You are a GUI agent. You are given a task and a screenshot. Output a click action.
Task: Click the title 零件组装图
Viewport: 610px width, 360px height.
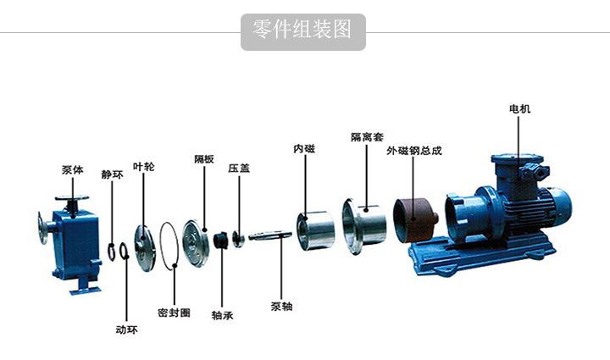[302, 30]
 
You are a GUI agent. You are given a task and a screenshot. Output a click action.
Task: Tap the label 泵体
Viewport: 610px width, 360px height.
[73, 170]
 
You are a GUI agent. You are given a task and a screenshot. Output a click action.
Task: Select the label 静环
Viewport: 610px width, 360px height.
[112, 174]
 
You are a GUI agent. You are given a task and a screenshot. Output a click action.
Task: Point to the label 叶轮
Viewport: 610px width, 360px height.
[143, 167]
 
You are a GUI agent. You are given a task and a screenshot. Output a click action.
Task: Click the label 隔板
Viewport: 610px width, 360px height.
[204, 159]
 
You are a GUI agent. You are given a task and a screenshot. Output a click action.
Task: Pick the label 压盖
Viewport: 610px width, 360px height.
[239, 169]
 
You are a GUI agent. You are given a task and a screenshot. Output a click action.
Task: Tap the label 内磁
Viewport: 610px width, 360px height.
[304, 148]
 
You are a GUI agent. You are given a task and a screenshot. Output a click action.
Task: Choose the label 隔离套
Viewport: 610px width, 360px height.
[367, 137]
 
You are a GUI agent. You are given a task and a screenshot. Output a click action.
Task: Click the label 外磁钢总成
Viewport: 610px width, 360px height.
[414, 151]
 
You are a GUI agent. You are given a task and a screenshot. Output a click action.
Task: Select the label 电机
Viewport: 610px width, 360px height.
[519, 109]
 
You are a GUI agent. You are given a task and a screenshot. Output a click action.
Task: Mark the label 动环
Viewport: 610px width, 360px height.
[126, 330]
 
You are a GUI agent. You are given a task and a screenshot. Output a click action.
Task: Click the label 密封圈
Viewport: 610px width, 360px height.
[174, 313]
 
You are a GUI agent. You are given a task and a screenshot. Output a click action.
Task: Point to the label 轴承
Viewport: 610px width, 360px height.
[222, 315]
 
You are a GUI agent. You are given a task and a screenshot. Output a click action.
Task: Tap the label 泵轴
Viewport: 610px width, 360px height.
[281, 307]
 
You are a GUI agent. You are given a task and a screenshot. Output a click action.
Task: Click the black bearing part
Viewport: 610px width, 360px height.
[220, 241]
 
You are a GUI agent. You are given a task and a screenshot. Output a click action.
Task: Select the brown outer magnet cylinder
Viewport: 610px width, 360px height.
[414, 219]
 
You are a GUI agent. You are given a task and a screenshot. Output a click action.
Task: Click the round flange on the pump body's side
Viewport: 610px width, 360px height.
[42, 228]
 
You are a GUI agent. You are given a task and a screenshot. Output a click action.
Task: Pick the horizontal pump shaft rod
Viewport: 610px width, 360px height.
[270, 235]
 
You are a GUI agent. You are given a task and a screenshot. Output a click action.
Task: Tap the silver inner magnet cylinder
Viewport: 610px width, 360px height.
[315, 230]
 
